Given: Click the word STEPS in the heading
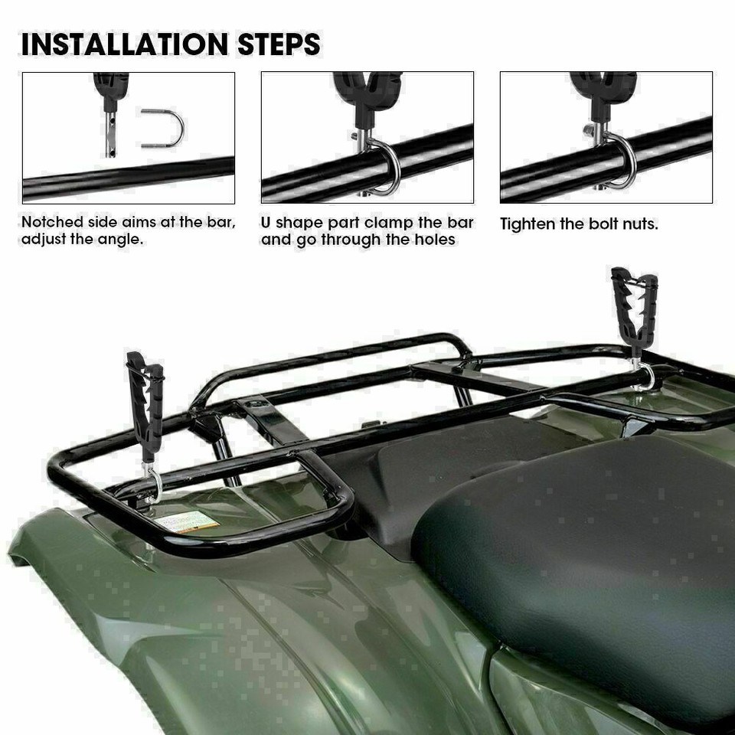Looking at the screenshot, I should tap(280, 44).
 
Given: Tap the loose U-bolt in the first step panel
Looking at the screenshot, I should tap(162, 127).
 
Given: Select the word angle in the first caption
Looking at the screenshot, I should tap(123, 240).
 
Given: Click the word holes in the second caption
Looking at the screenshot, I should tap(435, 240).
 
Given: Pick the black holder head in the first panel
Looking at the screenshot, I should tap(111, 86).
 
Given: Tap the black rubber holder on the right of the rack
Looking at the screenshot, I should tap(634, 309).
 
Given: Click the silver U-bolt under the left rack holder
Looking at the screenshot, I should tap(152, 483).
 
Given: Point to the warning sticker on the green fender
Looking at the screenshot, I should tap(187, 522).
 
